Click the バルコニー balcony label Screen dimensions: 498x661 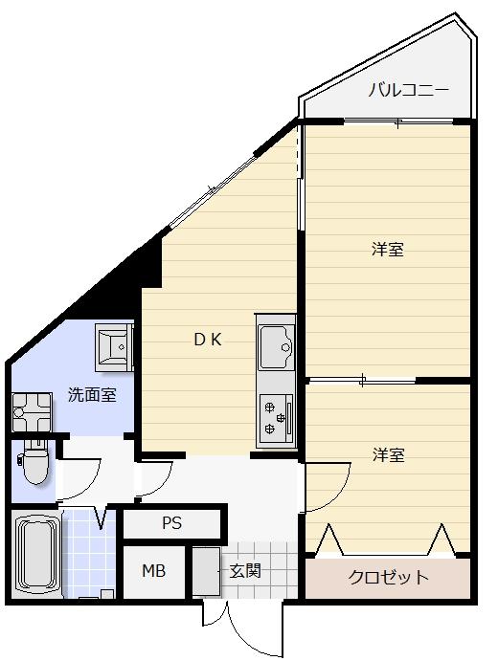[x=408, y=90]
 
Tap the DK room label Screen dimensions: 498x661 [x=208, y=340]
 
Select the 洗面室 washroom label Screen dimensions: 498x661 [x=92, y=394]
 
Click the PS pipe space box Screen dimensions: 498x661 [x=172, y=523]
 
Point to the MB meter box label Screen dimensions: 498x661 [x=153, y=571]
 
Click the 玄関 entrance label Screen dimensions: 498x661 [x=245, y=571]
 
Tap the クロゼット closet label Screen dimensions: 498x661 [x=388, y=577]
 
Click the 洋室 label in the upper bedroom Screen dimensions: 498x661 [x=388, y=250]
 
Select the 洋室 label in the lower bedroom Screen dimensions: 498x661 [x=388, y=455]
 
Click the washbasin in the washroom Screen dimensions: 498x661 [x=114, y=347]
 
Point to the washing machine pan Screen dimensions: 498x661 [x=32, y=412]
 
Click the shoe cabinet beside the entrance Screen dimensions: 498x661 [x=206, y=571]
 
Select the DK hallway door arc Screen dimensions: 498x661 [x=163, y=484]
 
